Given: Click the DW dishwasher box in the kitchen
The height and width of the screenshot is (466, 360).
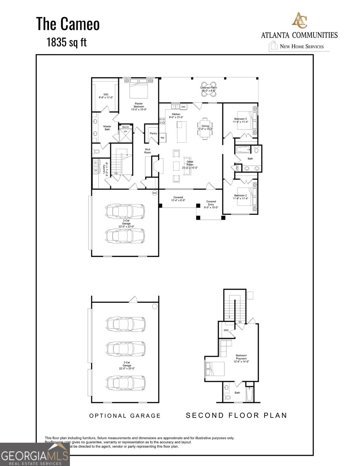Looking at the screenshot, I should tap(183, 106).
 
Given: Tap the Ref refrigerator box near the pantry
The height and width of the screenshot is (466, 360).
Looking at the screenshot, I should tap(162, 137).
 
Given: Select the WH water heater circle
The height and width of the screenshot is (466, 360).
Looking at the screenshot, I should tap(154, 193).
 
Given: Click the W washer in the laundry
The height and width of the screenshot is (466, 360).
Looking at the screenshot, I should tap(96, 170).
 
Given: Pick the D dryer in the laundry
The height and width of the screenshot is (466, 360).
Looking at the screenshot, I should tap(96, 163).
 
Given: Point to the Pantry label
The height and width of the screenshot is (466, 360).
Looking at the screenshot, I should tap(153, 133).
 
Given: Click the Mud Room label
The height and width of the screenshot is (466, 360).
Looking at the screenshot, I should tap(148, 151).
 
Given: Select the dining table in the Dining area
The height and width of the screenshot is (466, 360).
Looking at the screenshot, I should tap(206, 127).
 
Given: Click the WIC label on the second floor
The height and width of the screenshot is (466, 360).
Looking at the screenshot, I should tap(226, 330).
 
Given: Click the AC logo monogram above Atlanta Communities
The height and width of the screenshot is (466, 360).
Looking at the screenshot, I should tap(299, 21).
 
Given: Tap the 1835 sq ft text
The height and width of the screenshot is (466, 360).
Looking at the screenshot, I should tap(67, 42).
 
